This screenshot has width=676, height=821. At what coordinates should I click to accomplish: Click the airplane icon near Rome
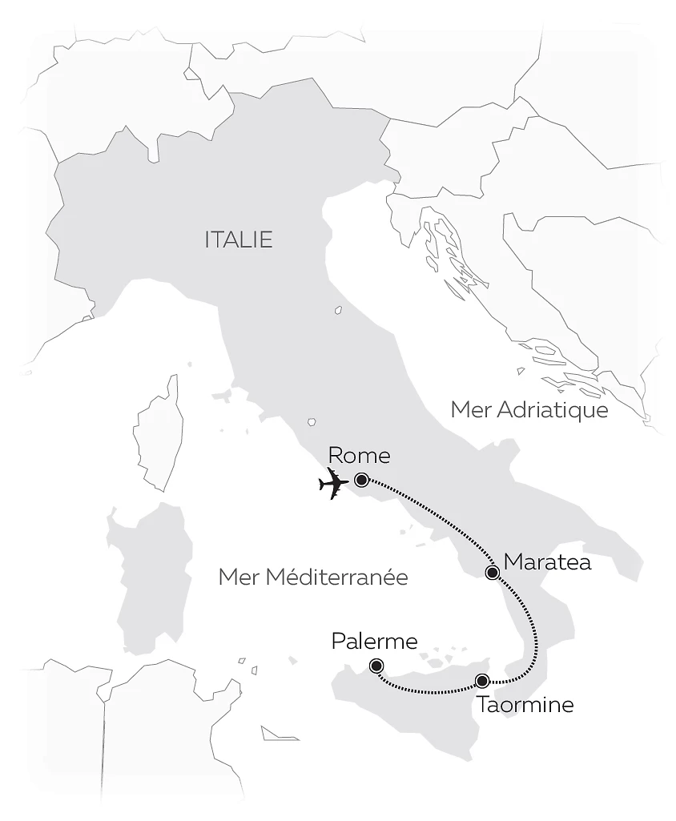coord(333,484)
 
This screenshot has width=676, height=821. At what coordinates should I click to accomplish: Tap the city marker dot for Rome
coord(361,480)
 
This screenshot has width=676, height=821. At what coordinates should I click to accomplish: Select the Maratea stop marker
coord(493,572)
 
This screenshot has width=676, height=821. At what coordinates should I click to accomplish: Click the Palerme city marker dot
coord(376,666)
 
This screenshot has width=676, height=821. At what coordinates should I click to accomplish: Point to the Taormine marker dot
coord(481,681)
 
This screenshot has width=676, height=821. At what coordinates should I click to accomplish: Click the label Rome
coord(359,456)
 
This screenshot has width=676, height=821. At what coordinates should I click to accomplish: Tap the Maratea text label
coord(548,561)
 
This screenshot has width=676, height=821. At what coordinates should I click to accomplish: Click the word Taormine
coord(525,706)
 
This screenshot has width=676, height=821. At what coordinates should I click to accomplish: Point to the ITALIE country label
coord(239,239)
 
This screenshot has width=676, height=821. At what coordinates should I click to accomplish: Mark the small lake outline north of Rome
coord(312,422)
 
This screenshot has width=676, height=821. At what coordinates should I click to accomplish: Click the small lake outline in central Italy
coord(339,309)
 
